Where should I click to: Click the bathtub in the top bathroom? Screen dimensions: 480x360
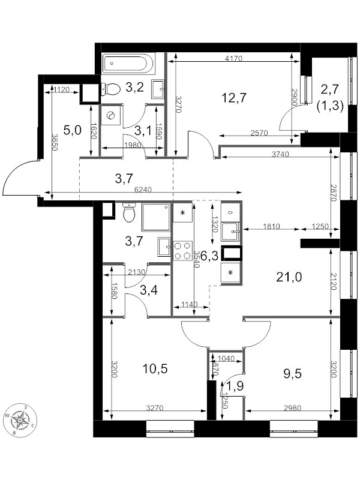point(129,63)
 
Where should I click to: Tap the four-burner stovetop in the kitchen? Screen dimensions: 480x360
point(182,250)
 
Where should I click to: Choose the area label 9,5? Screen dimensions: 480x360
point(292,374)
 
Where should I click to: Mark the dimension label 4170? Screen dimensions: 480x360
point(234,58)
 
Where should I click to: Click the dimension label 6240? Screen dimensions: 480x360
point(143,190)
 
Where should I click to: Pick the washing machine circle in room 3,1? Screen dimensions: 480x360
point(110,116)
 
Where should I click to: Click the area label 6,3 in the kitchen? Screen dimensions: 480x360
point(209,256)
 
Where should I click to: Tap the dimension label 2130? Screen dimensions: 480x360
point(137,272)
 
